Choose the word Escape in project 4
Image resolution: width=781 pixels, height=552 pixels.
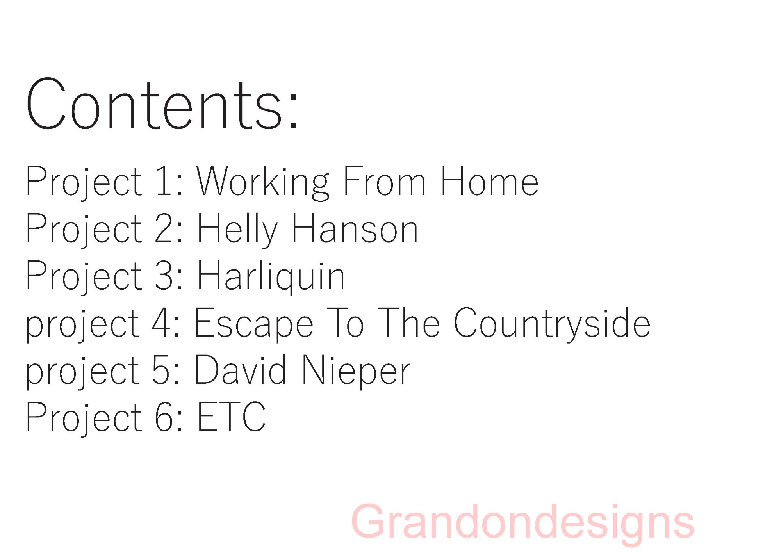pyautogui.click(x=254, y=324)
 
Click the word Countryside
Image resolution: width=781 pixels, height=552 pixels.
pyautogui.click(x=552, y=324)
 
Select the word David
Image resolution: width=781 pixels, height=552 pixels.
pyautogui.click(x=240, y=370)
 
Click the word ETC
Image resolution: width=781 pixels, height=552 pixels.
pyautogui.click(x=232, y=417)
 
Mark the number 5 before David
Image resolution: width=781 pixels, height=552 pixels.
pyautogui.click(x=160, y=370)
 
